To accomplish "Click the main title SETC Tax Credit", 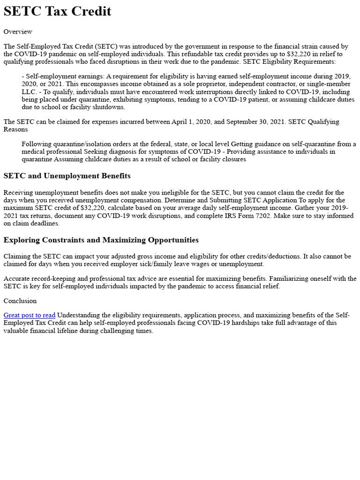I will [57, 11].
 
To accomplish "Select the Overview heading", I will [18, 32].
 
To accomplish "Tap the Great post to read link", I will [29, 315].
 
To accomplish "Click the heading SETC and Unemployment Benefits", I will [67, 176].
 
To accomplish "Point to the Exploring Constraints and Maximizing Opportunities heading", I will [101, 240].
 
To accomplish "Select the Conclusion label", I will [20, 301].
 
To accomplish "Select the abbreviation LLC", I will [29, 92].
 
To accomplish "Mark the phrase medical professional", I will [52, 152].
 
